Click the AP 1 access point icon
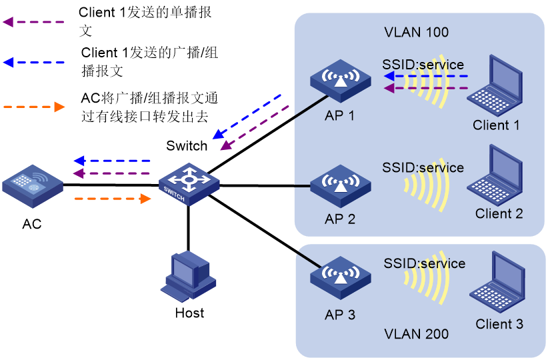click(340, 81)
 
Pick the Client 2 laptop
click(498, 175)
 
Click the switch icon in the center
click(189, 183)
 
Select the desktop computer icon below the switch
click(188, 275)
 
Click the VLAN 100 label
click(417, 32)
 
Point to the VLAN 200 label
click(417, 334)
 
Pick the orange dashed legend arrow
click(34, 107)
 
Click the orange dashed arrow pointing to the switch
click(113, 198)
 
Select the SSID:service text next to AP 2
click(423, 167)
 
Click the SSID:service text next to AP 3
click(424, 263)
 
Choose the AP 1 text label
click(340, 115)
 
